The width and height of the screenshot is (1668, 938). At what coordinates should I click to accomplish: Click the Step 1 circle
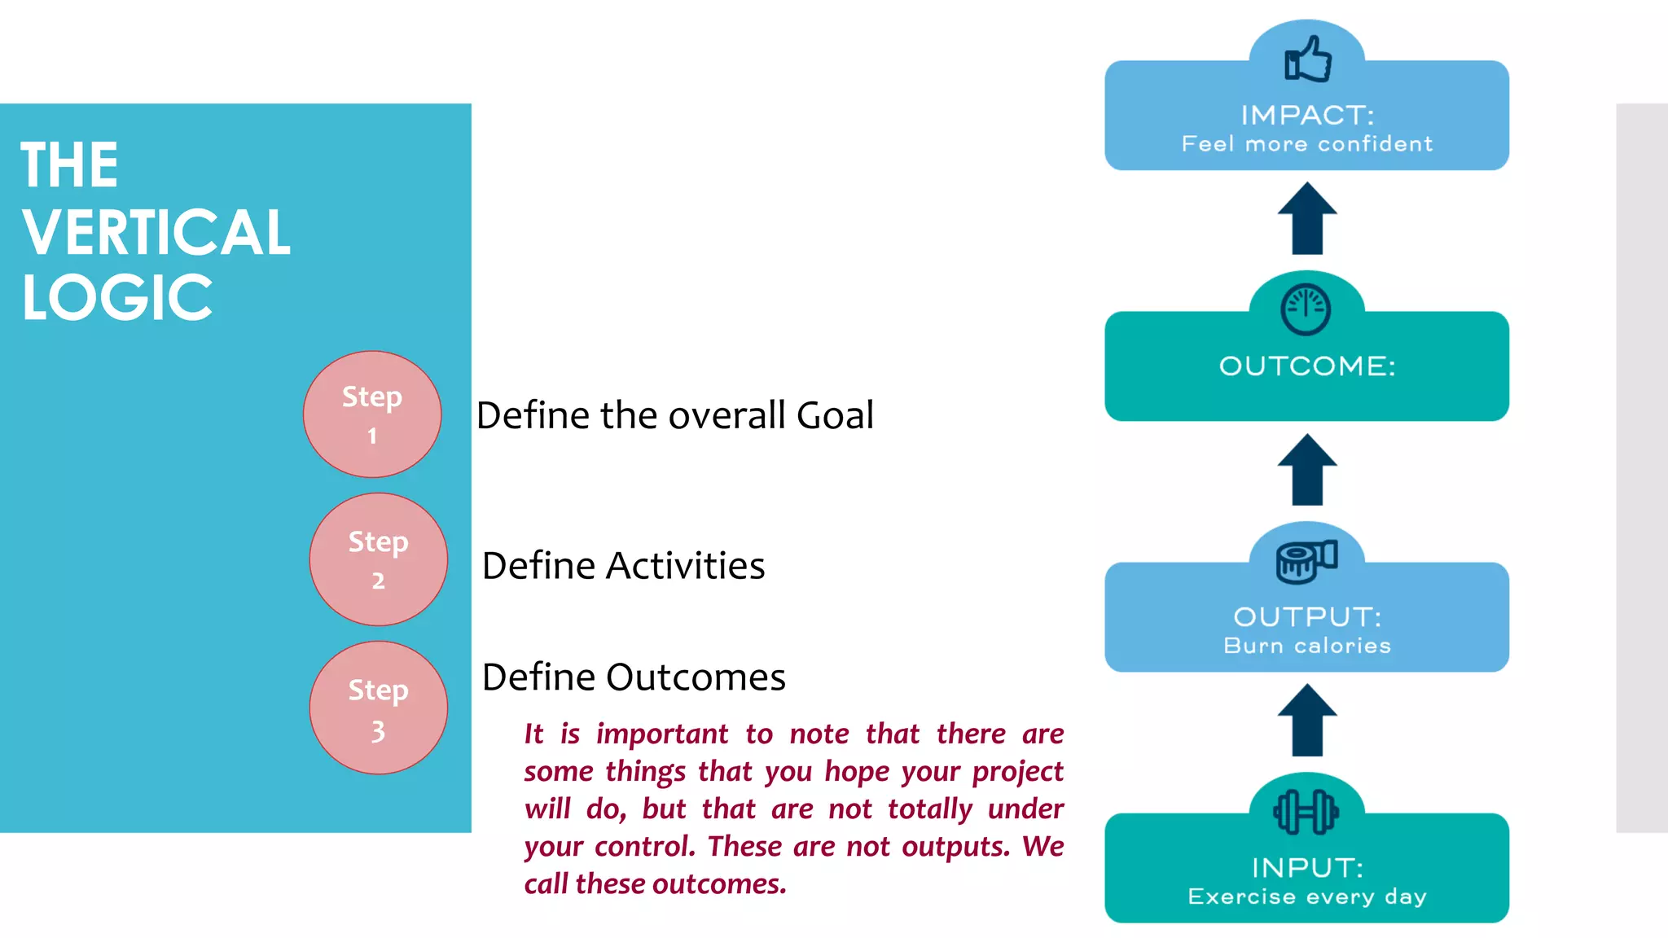pyautogui.click(x=372, y=414)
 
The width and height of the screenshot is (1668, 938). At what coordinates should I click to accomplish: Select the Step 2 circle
pyautogui.click(x=378, y=559)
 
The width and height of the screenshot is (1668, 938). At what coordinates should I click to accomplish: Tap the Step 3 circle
pyautogui.click(x=378, y=708)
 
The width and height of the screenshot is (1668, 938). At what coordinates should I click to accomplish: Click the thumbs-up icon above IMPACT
pyautogui.click(x=1307, y=59)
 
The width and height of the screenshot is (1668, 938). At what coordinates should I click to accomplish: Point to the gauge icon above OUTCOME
pyautogui.click(x=1306, y=309)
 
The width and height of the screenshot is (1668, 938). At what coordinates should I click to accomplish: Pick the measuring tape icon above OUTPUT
pyautogui.click(x=1306, y=561)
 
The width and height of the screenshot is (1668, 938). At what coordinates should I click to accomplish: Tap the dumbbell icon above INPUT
pyautogui.click(x=1306, y=812)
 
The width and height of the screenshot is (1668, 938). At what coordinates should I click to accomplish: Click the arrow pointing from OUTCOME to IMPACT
pyautogui.click(x=1307, y=218)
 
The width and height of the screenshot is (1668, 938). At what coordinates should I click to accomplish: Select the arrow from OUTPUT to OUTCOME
pyautogui.click(x=1307, y=470)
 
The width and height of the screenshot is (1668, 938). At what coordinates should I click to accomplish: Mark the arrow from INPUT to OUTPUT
pyautogui.click(x=1307, y=721)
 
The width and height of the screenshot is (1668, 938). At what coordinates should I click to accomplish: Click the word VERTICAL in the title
pyautogui.click(x=156, y=232)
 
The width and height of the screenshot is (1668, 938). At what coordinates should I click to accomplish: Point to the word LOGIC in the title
pyautogui.click(x=117, y=298)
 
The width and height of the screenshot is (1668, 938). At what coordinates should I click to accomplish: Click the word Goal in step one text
pyautogui.click(x=835, y=415)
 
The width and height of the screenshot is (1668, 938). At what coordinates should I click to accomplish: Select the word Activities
pyautogui.click(x=685, y=566)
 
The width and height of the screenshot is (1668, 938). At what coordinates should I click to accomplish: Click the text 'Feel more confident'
pyautogui.click(x=1306, y=144)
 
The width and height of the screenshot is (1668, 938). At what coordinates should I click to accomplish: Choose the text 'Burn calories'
pyautogui.click(x=1306, y=646)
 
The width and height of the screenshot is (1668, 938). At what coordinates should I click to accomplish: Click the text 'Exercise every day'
pyautogui.click(x=1306, y=896)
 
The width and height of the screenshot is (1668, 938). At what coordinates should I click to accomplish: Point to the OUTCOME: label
pyautogui.click(x=1306, y=366)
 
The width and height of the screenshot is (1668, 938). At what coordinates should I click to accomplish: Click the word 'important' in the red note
pyautogui.click(x=661, y=734)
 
